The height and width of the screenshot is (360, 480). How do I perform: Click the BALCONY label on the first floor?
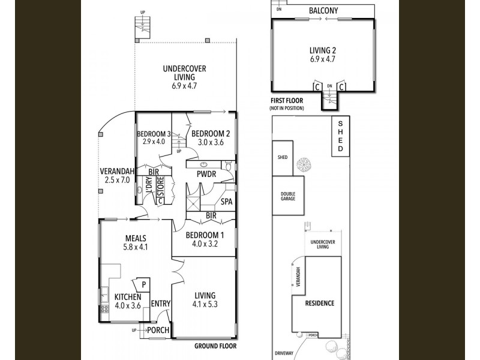pyautogui.click(x=324, y=11)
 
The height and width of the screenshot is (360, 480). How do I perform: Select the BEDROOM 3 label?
pyautogui.click(x=154, y=134)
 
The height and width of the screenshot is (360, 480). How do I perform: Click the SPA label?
pyautogui.click(x=227, y=202)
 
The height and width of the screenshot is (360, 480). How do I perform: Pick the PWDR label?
pyautogui.click(x=206, y=174)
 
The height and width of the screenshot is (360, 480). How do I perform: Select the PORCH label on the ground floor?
pyautogui.click(x=159, y=330)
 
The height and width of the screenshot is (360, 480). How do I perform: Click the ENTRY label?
pyautogui.click(x=161, y=303)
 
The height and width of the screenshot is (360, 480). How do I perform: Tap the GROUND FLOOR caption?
pyautogui.click(x=215, y=346)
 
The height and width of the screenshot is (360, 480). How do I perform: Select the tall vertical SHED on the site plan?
pyautogui.click(x=341, y=136)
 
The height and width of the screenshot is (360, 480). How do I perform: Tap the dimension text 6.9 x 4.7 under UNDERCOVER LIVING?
pyautogui.click(x=184, y=86)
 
